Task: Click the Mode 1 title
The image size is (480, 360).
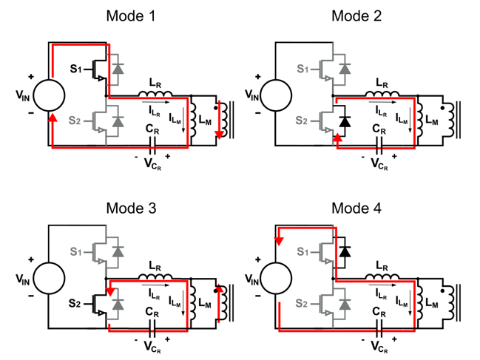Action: click(x=131, y=16)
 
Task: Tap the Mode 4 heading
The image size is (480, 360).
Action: click(x=356, y=208)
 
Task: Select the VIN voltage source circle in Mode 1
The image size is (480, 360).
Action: click(x=49, y=95)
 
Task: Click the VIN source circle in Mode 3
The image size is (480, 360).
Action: click(x=49, y=278)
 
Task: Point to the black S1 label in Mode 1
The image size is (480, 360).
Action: click(x=76, y=69)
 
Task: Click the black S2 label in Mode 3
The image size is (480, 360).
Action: click(x=75, y=303)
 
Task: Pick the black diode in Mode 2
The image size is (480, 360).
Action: click(x=345, y=121)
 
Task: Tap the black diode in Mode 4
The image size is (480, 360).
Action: click(x=345, y=252)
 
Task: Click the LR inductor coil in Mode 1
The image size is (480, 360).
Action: click(x=155, y=93)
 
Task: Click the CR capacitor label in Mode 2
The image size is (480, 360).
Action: click(x=379, y=129)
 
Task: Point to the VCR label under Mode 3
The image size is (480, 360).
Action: click(x=153, y=347)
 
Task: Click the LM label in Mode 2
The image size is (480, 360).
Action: click(x=432, y=120)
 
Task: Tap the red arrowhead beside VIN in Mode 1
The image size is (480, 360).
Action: click(x=53, y=118)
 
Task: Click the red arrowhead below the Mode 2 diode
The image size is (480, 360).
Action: click(x=337, y=137)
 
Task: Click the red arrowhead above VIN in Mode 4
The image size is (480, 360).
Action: click(x=279, y=241)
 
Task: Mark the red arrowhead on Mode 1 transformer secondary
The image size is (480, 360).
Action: click(x=219, y=135)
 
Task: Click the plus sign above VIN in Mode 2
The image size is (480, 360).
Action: click(x=258, y=76)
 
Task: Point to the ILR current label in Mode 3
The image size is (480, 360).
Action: click(x=155, y=294)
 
